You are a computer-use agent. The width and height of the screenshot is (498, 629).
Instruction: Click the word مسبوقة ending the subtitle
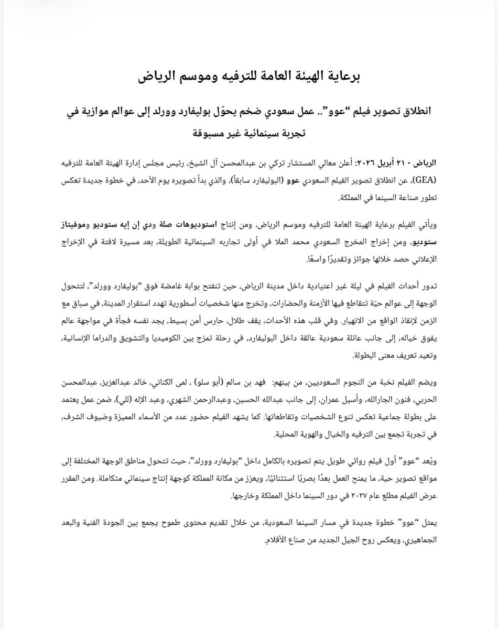coord(210,133)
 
